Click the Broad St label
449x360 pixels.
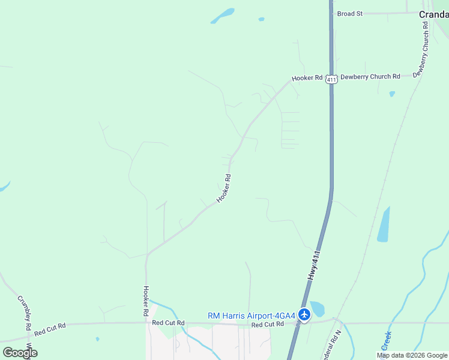350,13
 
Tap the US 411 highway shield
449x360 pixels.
331,79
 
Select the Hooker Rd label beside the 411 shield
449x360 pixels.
307,79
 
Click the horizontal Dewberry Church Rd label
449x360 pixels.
370,77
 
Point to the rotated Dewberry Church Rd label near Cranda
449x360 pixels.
425,48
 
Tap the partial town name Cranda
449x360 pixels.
433,14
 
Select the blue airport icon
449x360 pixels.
304,314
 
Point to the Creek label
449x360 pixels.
387,340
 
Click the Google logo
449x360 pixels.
20,353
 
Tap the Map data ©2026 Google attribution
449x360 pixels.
412,355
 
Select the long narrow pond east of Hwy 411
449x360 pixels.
383,225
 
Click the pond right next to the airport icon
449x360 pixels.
317,308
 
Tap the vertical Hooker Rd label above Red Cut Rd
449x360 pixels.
145,301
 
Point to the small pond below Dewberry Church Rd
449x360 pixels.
392,94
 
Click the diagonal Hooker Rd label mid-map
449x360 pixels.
224,188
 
